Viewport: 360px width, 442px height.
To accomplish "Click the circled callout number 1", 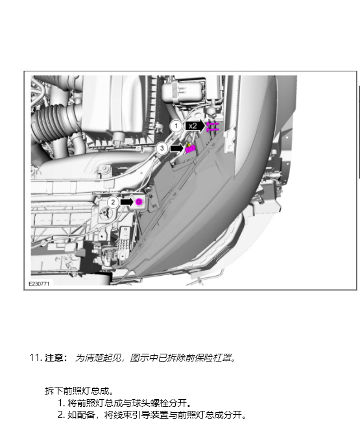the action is [x=176, y=126].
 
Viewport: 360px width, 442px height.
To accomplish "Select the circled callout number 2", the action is [x=113, y=202].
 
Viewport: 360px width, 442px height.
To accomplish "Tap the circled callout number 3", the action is [x=162, y=148].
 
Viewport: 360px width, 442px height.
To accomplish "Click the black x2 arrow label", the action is [x=195, y=126].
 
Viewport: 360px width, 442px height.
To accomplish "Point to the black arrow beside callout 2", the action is [x=126, y=202].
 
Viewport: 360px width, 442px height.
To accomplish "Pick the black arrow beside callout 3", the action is [x=176, y=148].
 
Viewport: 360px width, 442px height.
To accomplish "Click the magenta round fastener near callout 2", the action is [x=139, y=202].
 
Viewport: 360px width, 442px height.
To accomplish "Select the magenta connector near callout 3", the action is [x=190, y=148].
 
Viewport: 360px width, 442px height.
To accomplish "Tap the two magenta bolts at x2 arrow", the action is [x=212, y=127].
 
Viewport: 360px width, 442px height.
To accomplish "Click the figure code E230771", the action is [x=39, y=284].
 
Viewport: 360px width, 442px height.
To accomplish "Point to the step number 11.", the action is [x=36, y=358].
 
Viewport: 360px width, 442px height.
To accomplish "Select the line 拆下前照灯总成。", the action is [x=79, y=391].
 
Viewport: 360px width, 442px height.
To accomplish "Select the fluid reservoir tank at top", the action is [x=183, y=91].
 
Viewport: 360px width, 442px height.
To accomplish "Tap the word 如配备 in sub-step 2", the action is [x=81, y=415].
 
